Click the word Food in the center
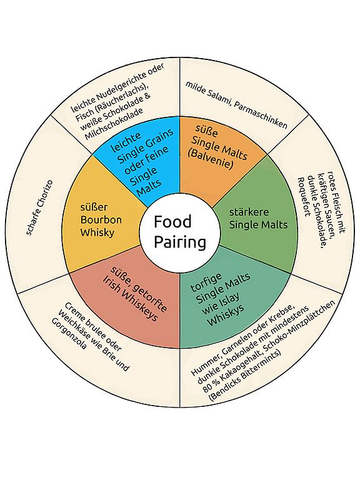(172, 222)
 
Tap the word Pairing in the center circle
(180, 242)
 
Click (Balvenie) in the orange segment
(211, 159)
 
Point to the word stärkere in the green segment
(249, 212)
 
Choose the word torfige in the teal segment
(206, 282)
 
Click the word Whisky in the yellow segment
(97, 232)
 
